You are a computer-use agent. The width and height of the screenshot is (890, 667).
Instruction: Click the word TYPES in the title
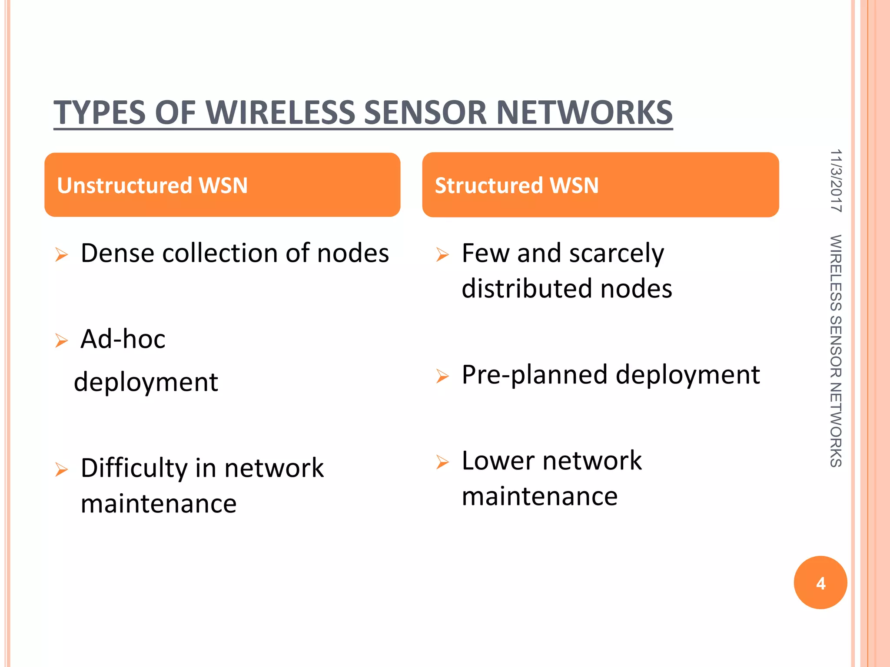click(x=100, y=112)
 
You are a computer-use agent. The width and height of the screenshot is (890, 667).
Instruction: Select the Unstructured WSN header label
click(x=152, y=185)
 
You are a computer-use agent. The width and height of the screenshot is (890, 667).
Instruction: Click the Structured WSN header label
click(x=517, y=185)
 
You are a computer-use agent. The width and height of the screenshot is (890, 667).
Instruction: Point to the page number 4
click(x=820, y=583)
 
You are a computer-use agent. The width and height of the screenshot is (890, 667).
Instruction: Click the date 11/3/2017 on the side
click(x=836, y=181)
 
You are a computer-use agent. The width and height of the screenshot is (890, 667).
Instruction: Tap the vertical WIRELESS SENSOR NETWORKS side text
click(x=836, y=351)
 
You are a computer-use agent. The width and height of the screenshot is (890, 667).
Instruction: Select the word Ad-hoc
click(x=123, y=339)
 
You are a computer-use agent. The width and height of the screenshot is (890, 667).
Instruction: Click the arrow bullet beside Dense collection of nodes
click(x=62, y=255)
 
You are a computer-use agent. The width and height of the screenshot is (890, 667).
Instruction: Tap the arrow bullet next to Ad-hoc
click(x=62, y=340)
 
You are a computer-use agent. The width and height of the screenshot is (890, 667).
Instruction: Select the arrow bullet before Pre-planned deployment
click(x=442, y=376)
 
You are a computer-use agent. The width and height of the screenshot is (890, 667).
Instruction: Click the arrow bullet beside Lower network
click(x=442, y=462)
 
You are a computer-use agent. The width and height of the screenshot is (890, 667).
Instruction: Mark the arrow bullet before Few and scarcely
click(x=442, y=254)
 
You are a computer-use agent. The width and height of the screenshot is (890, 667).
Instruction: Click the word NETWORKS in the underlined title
click(x=584, y=112)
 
